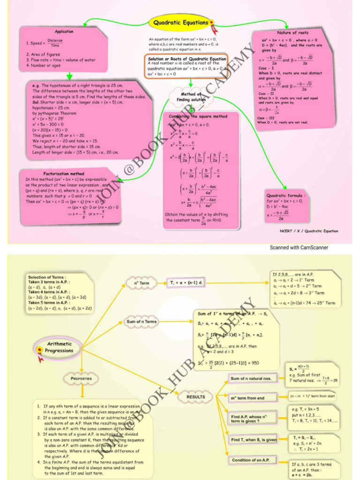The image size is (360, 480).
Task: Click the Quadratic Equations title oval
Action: click(180, 23)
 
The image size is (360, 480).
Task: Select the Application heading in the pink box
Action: click(64, 31)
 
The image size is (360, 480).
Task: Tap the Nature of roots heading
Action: click(292, 33)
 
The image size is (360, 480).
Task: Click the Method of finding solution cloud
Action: click(191, 97)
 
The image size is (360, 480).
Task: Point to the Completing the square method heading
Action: click(198, 116)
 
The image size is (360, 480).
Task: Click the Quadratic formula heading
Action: click(286, 195)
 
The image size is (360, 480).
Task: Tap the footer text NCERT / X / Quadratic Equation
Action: click(309, 231)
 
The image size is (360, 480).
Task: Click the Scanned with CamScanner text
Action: click(299, 247)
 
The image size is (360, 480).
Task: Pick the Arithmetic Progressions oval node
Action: click(60, 347)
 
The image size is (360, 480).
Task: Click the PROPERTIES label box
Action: click(81, 378)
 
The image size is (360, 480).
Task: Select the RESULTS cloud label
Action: click(195, 397)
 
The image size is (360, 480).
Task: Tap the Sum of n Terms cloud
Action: click(142, 322)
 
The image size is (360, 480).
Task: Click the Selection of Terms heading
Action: click(46, 277)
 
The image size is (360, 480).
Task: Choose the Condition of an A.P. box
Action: click(253, 460)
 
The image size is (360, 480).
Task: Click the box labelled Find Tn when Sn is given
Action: click(254, 440)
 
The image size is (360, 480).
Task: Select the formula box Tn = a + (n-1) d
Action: click(186, 283)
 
